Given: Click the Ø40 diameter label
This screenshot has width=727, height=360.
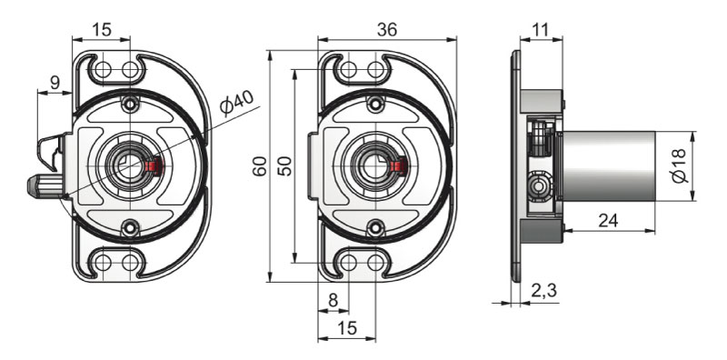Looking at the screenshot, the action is click(237, 104).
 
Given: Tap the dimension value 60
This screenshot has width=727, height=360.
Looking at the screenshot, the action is click(260, 166).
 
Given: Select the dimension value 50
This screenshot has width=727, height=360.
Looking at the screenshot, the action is click(285, 166).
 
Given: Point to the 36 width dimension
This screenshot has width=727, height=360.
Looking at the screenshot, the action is click(387, 30).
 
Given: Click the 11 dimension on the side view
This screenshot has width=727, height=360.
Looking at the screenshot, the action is click(541, 30).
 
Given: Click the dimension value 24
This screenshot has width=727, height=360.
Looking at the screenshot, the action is click(608, 221).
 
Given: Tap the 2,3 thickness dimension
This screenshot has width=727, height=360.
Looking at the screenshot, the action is click(543, 291).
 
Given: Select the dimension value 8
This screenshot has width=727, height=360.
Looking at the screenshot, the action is click(333, 301).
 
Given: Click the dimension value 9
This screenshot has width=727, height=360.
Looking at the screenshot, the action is click(55, 83).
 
